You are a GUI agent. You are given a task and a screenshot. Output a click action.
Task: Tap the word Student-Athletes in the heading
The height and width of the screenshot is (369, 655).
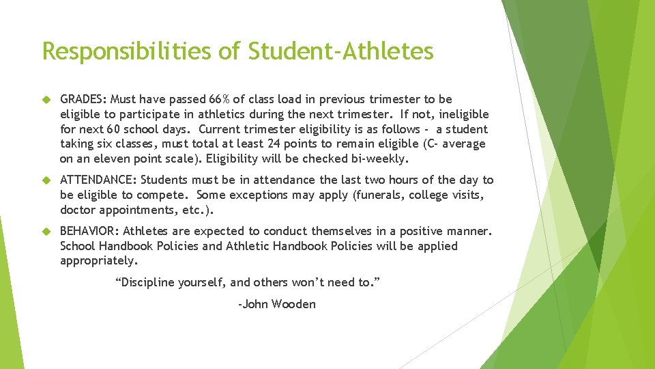(341, 51)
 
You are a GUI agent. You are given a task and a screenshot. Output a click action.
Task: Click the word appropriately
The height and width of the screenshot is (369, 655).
(98, 261)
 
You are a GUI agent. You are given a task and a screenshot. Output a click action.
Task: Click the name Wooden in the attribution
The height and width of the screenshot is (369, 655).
(293, 305)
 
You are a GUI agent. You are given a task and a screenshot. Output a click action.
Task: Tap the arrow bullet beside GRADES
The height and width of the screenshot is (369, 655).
(47, 100)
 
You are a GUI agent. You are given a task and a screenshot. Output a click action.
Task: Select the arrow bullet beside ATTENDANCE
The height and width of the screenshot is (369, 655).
(47, 180)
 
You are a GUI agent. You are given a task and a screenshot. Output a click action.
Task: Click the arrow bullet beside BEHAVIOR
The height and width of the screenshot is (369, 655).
(47, 231)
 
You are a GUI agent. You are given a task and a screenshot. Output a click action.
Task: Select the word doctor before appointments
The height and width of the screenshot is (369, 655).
(78, 210)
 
